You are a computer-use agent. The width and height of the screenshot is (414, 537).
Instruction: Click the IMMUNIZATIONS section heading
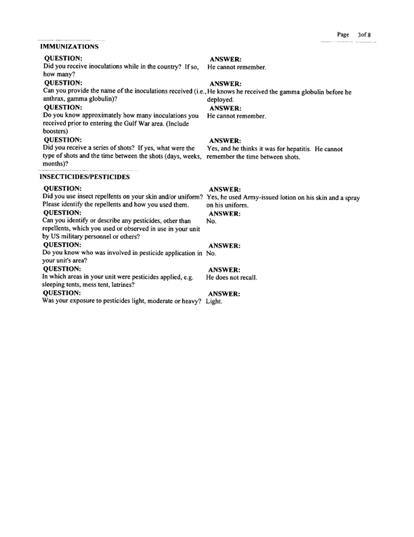tap(70, 47)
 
